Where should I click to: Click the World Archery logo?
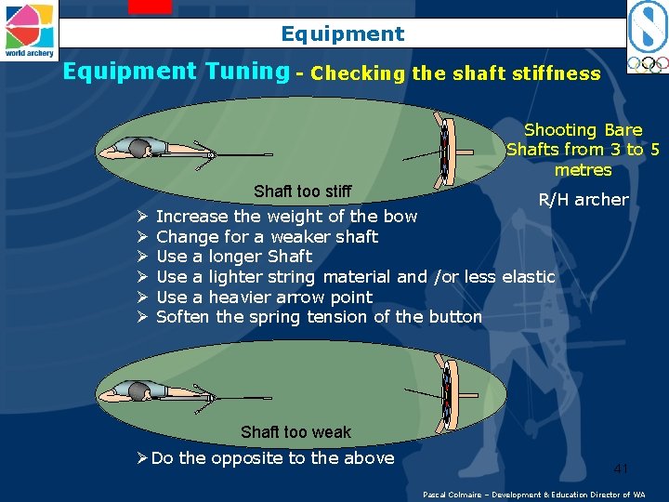(x=29, y=31)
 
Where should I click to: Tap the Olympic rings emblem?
(x=648, y=64)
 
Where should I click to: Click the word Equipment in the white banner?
(x=343, y=34)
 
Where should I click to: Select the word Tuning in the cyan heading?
(x=247, y=72)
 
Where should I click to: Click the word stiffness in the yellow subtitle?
(x=557, y=73)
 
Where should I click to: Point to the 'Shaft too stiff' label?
(x=303, y=191)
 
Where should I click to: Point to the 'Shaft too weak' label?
(x=295, y=431)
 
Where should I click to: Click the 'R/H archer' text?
(x=584, y=199)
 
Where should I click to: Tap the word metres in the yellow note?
(x=584, y=170)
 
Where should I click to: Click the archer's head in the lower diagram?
(x=139, y=391)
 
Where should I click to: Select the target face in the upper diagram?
(x=444, y=152)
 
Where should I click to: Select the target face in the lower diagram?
(x=446, y=395)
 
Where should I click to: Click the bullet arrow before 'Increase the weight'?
(x=142, y=216)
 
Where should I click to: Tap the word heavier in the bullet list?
(x=240, y=297)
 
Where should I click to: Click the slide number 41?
(x=621, y=469)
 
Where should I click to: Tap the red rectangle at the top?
(x=151, y=7)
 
